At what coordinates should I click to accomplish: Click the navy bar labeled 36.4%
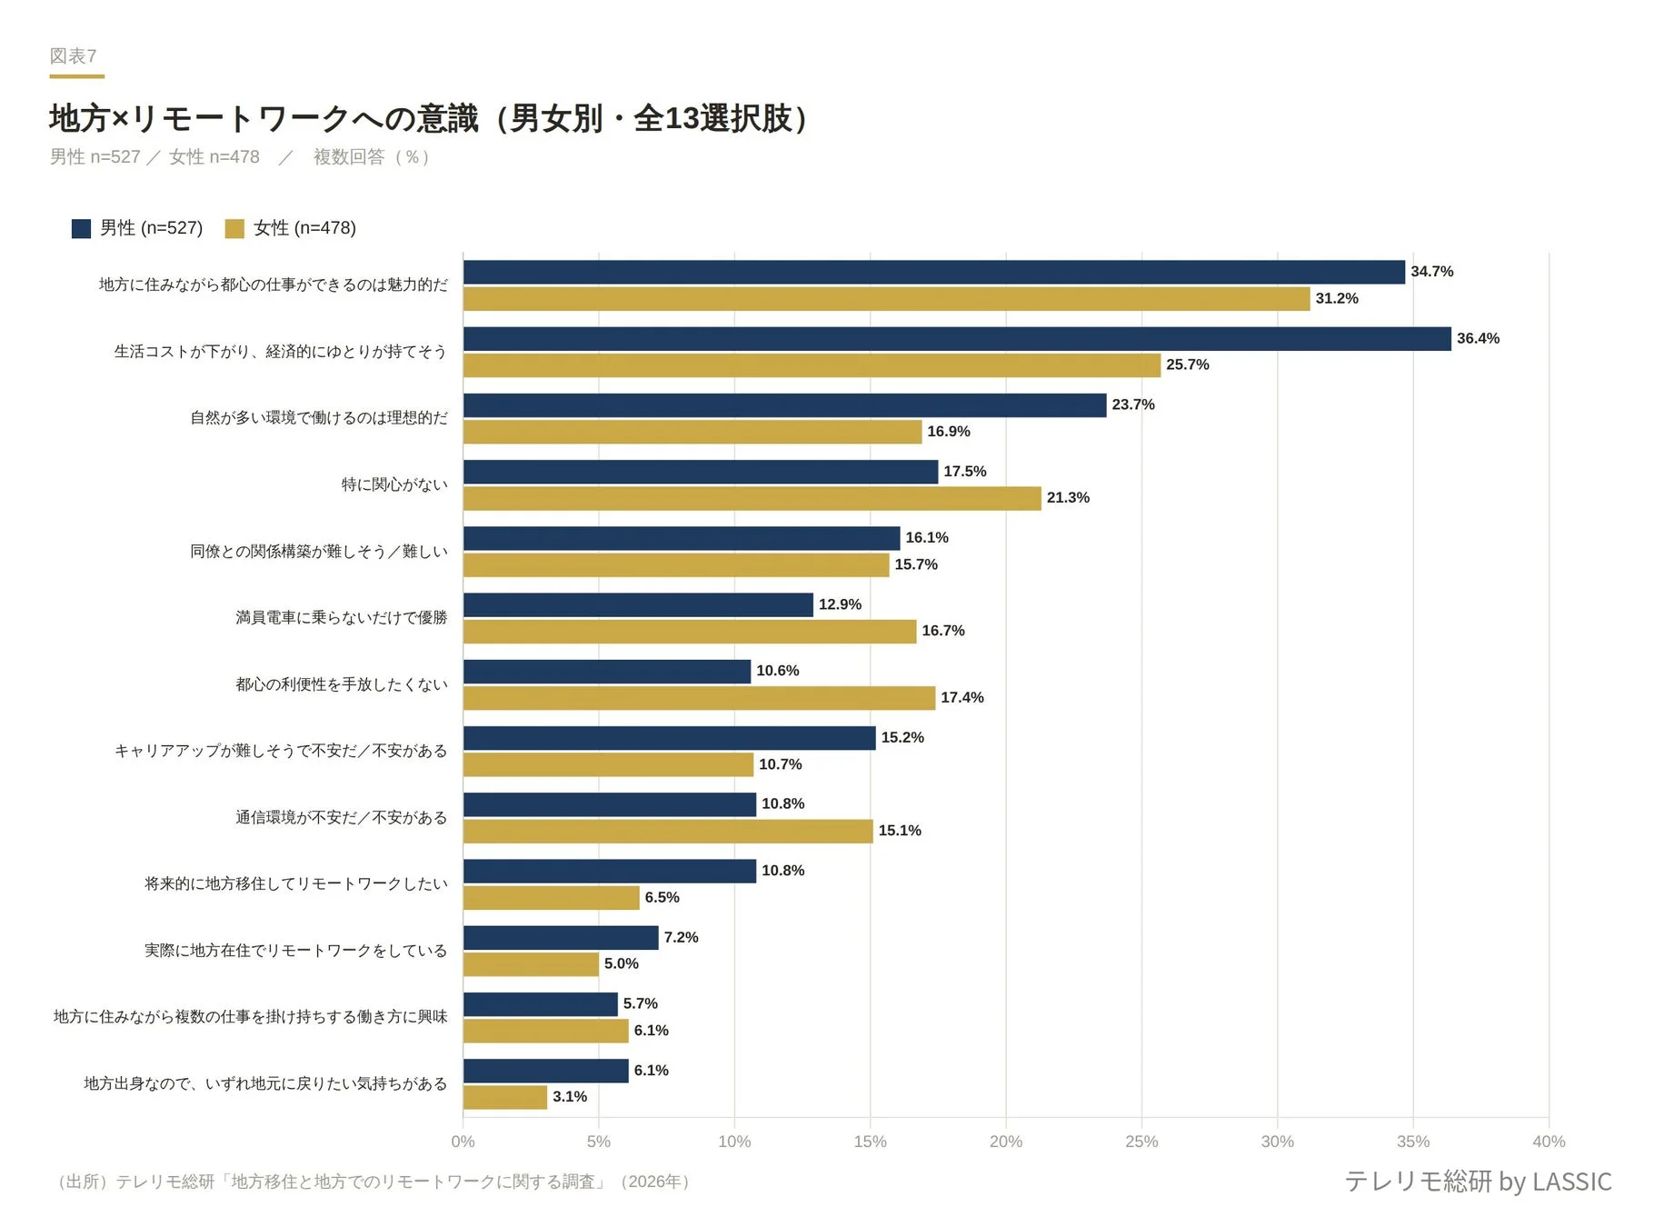956,339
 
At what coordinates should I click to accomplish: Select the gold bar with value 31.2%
886,299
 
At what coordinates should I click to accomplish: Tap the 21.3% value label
1067,498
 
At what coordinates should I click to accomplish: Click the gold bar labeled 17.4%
699,698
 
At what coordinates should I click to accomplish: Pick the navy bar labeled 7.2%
561,937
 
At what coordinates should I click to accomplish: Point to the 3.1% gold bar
505,1097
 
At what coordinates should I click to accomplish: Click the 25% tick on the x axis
1141,1142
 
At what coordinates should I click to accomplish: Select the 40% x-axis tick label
1549,1142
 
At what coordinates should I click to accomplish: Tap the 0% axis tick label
463,1142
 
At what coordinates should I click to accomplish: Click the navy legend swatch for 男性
81,228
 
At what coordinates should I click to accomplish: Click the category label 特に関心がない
394,484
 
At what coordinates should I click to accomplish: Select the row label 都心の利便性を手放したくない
341,684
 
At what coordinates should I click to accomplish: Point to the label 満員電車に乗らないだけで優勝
341,618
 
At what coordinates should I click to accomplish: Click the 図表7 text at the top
73,56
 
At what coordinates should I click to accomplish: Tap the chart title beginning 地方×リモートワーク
427,118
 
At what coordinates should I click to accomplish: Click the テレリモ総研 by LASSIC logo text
1478,1181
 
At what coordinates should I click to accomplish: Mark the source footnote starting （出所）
373,1182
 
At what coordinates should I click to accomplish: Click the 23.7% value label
1132,404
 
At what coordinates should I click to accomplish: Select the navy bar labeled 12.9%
638,604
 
